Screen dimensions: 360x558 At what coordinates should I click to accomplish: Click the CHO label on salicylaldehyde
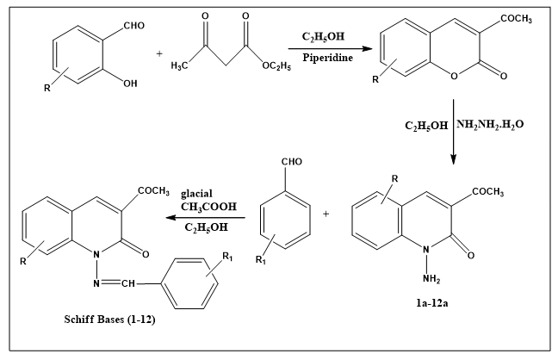(x=134, y=26)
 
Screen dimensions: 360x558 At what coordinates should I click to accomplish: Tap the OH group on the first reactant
(x=130, y=84)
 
